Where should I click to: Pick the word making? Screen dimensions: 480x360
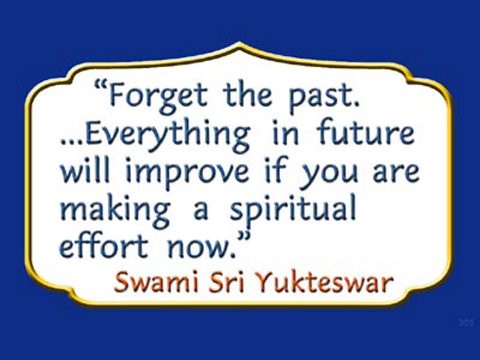coord(115,210)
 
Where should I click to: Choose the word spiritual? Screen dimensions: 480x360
coord(293,210)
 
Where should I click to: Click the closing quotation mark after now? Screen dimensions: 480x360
coord(243,236)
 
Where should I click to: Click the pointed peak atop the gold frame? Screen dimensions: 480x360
coord(240,45)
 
